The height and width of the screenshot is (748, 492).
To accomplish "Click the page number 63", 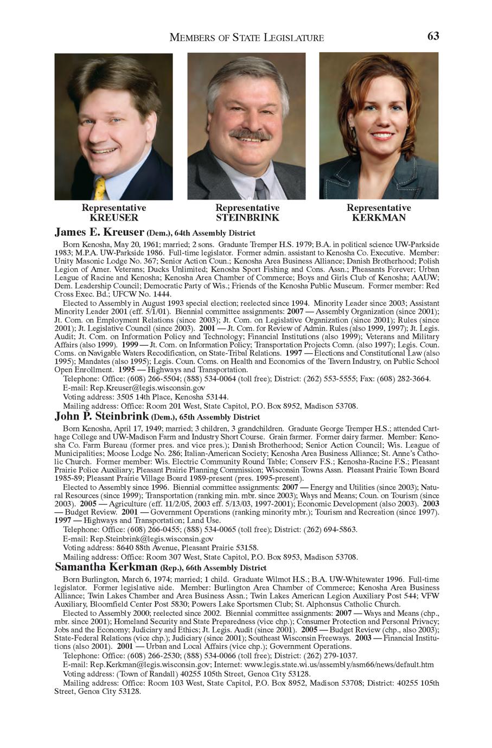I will tap(433, 36).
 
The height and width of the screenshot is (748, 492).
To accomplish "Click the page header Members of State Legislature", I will tap(247, 37).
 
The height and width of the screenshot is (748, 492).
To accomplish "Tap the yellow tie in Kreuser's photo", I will tap(100, 189).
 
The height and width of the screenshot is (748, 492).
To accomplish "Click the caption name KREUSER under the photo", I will tap(114, 218).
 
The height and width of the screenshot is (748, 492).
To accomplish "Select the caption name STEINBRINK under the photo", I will tap(247, 218).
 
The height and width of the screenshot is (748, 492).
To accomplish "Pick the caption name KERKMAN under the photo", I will tap(379, 218).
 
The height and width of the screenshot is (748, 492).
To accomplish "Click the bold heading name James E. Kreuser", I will tap(99, 233).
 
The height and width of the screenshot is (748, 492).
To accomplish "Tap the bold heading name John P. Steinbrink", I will tap(101, 417).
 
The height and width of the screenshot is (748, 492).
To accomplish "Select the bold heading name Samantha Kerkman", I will tap(107, 568).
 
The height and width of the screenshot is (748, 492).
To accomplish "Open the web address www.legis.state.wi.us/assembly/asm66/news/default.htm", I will tap(340, 665).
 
